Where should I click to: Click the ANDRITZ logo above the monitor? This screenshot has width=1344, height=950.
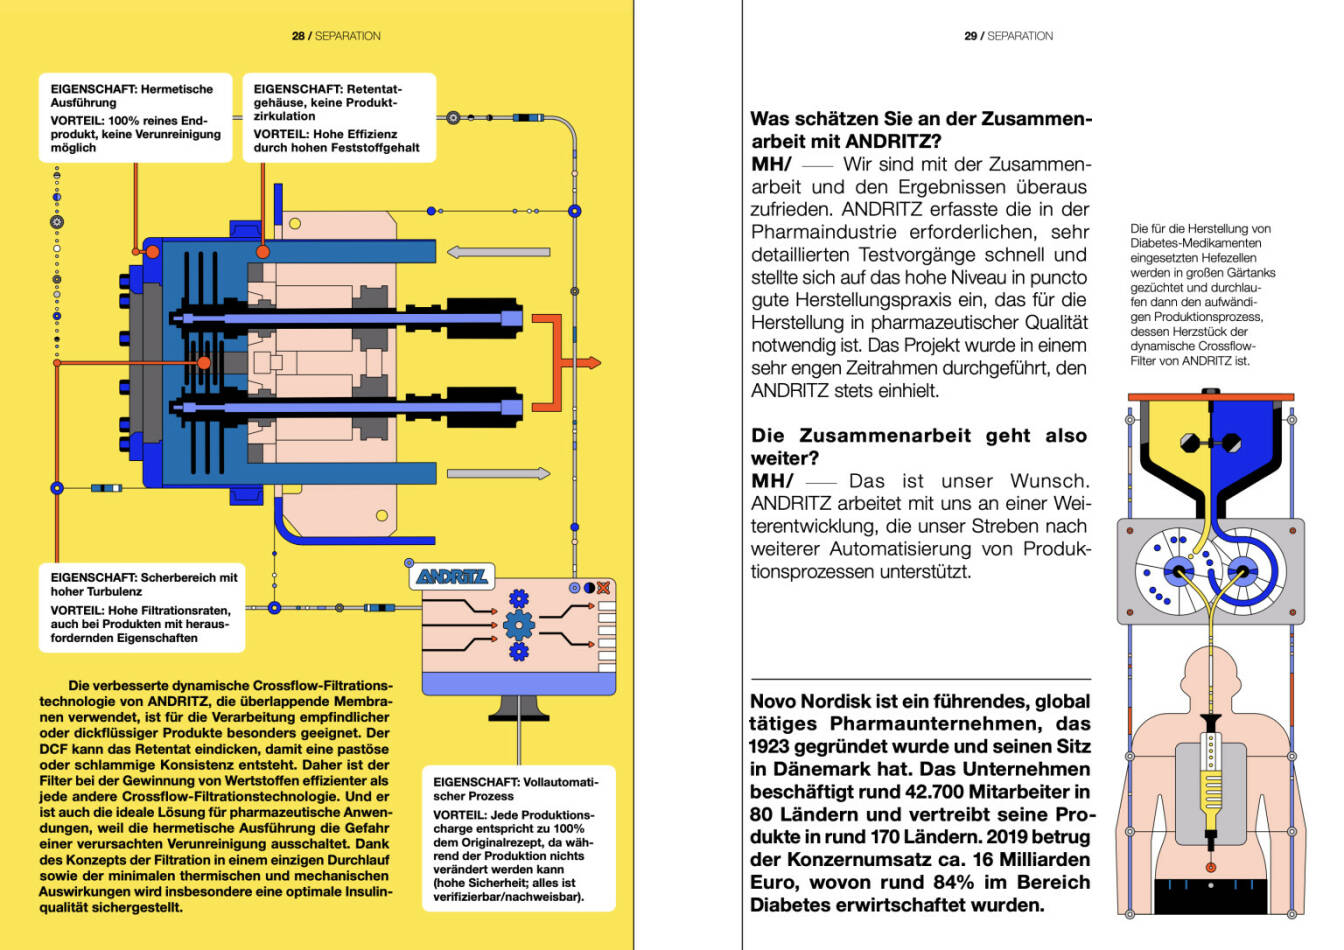tap(451, 576)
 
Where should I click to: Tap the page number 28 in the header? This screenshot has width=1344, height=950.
tap(298, 36)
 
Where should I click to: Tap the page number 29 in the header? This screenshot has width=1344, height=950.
tap(970, 36)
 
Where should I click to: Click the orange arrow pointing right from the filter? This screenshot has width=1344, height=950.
tap(585, 362)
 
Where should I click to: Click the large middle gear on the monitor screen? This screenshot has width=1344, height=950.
tap(518, 626)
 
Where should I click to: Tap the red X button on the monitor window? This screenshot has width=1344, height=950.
tap(604, 588)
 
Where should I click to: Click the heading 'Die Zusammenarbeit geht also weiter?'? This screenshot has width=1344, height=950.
tap(918, 447)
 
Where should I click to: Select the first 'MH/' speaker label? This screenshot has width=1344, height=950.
tap(771, 164)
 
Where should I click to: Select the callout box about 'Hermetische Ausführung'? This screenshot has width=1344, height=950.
tap(136, 118)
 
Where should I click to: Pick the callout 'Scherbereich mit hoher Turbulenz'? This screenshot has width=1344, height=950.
tap(142, 607)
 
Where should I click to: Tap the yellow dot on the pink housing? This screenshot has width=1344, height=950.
tap(381, 516)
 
